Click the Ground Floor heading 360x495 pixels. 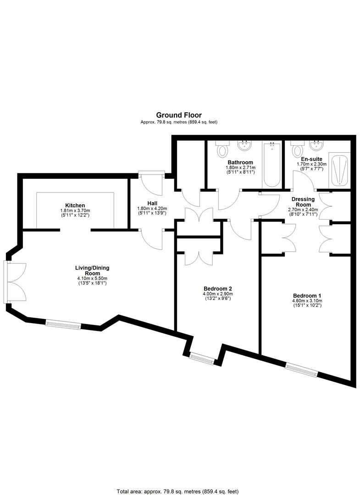point(179,115)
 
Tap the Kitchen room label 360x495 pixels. point(75,205)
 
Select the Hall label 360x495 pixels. point(152,203)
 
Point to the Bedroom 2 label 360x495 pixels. point(217,289)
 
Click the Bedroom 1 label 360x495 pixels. point(307,296)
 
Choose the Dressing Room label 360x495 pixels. point(303,202)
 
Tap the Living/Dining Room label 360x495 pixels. point(92,270)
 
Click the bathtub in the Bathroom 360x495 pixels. point(271,164)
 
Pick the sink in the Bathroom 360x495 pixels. point(244,146)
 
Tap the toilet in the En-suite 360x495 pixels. point(297,149)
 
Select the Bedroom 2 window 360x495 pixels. point(202,357)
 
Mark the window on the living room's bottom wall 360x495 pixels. point(63,325)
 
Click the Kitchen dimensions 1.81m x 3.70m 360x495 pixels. point(75,210)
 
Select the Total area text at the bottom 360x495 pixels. point(178,491)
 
